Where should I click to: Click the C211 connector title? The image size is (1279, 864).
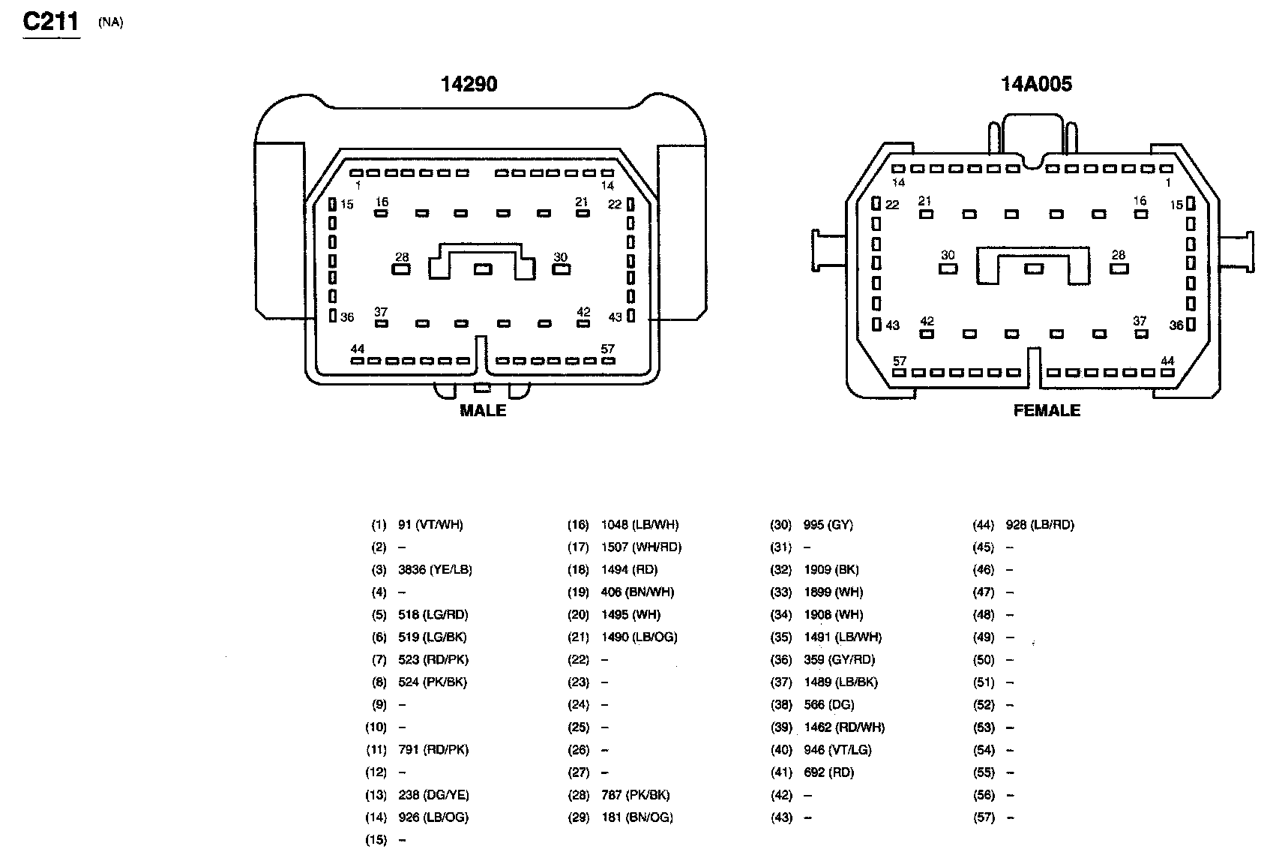pos(51,21)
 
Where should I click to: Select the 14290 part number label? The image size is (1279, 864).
pos(469,84)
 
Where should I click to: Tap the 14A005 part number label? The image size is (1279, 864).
pos(1036,84)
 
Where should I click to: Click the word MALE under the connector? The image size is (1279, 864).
pos(483,410)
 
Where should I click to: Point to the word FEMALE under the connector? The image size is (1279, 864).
pos(1047,410)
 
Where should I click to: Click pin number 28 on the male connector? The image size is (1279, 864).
pos(402,257)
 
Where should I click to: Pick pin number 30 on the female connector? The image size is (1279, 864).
pos(948,256)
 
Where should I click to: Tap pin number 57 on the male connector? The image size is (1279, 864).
pos(607,349)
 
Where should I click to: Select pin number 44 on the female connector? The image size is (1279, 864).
pos(1167,361)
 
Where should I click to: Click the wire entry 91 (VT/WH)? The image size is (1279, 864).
pos(430,525)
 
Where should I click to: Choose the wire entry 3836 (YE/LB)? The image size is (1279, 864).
pos(435,570)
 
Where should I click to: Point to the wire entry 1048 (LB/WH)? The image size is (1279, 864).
pos(639,525)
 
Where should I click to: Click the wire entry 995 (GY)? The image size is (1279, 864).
pos(828,525)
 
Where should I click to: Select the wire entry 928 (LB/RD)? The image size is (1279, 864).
pos(1040,525)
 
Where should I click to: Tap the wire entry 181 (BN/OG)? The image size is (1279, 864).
pos(637,817)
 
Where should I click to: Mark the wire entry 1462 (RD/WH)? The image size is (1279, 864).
pos(843,727)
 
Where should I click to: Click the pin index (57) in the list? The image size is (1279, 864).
pos(984,817)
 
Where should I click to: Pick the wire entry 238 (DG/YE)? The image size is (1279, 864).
pos(433,795)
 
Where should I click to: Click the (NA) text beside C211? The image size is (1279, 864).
pos(110,22)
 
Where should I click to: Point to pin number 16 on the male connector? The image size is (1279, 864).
pos(382,202)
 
